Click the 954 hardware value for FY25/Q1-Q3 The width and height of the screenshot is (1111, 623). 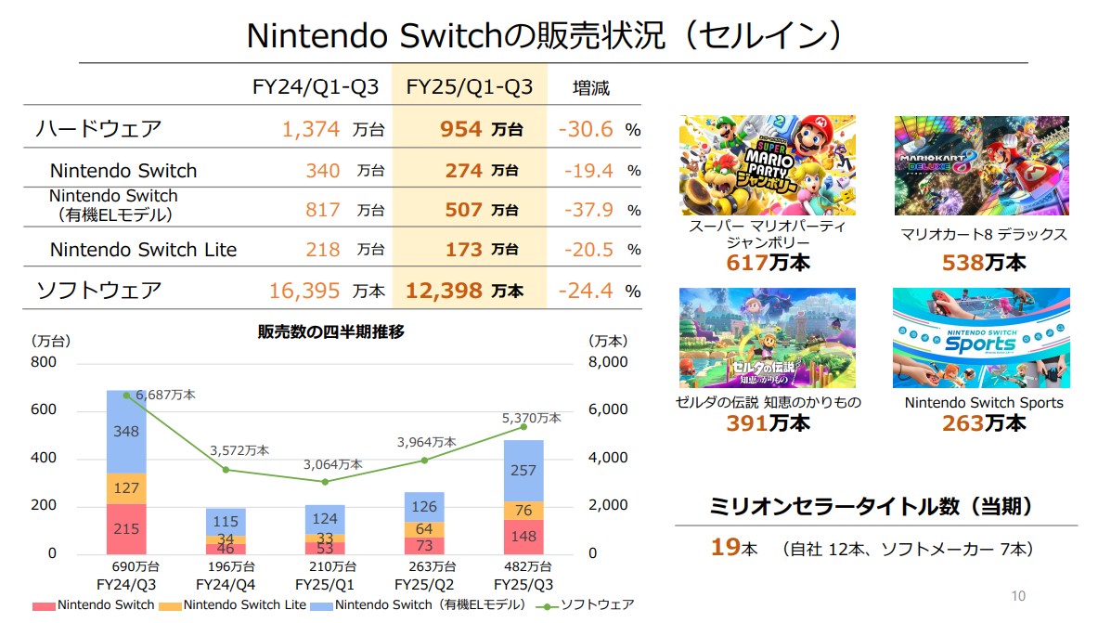pyautogui.click(x=462, y=129)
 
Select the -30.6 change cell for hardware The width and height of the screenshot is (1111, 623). pyautogui.click(x=586, y=129)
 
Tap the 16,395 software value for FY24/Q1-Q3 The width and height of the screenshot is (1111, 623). pyautogui.click(x=304, y=291)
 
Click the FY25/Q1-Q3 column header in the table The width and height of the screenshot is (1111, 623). pyautogui.click(x=470, y=87)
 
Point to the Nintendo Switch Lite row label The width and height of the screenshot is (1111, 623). pyautogui.click(x=143, y=250)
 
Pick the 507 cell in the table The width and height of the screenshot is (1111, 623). pyautogui.click(x=463, y=210)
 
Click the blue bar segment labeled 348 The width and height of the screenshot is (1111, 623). pyautogui.click(x=126, y=432)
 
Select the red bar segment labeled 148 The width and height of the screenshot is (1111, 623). pyautogui.click(x=523, y=536)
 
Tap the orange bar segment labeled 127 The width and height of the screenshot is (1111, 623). pyautogui.click(x=126, y=488)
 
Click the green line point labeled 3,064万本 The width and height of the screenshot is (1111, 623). pyautogui.click(x=325, y=481)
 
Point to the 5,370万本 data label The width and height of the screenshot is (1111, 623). pyautogui.click(x=530, y=418)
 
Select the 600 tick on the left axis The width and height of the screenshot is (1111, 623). pyautogui.click(x=44, y=409)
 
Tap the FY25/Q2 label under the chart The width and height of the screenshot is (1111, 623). pyautogui.click(x=424, y=585)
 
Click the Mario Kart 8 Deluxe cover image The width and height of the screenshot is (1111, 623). pyautogui.click(x=981, y=165)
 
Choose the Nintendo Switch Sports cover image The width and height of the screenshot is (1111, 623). pyautogui.click(x=981, y=337)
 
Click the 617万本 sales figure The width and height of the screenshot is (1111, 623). pyautogui.click(x=768, y=263)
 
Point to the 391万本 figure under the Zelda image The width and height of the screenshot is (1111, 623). pyautogui.click(x=768, y=423)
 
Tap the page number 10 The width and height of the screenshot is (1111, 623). pyautogui.click(x=1018, y=595)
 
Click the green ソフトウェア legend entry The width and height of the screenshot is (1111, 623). pyautogui.click(x=585, y=604)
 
